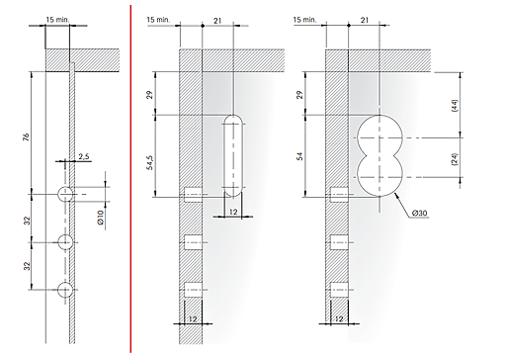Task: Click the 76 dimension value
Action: coord(27,138)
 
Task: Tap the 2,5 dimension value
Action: coord(86,156)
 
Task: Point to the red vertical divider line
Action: coord(131,178)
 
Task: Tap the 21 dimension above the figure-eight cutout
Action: coord(364,19)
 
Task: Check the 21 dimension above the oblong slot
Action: coord(217,19)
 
